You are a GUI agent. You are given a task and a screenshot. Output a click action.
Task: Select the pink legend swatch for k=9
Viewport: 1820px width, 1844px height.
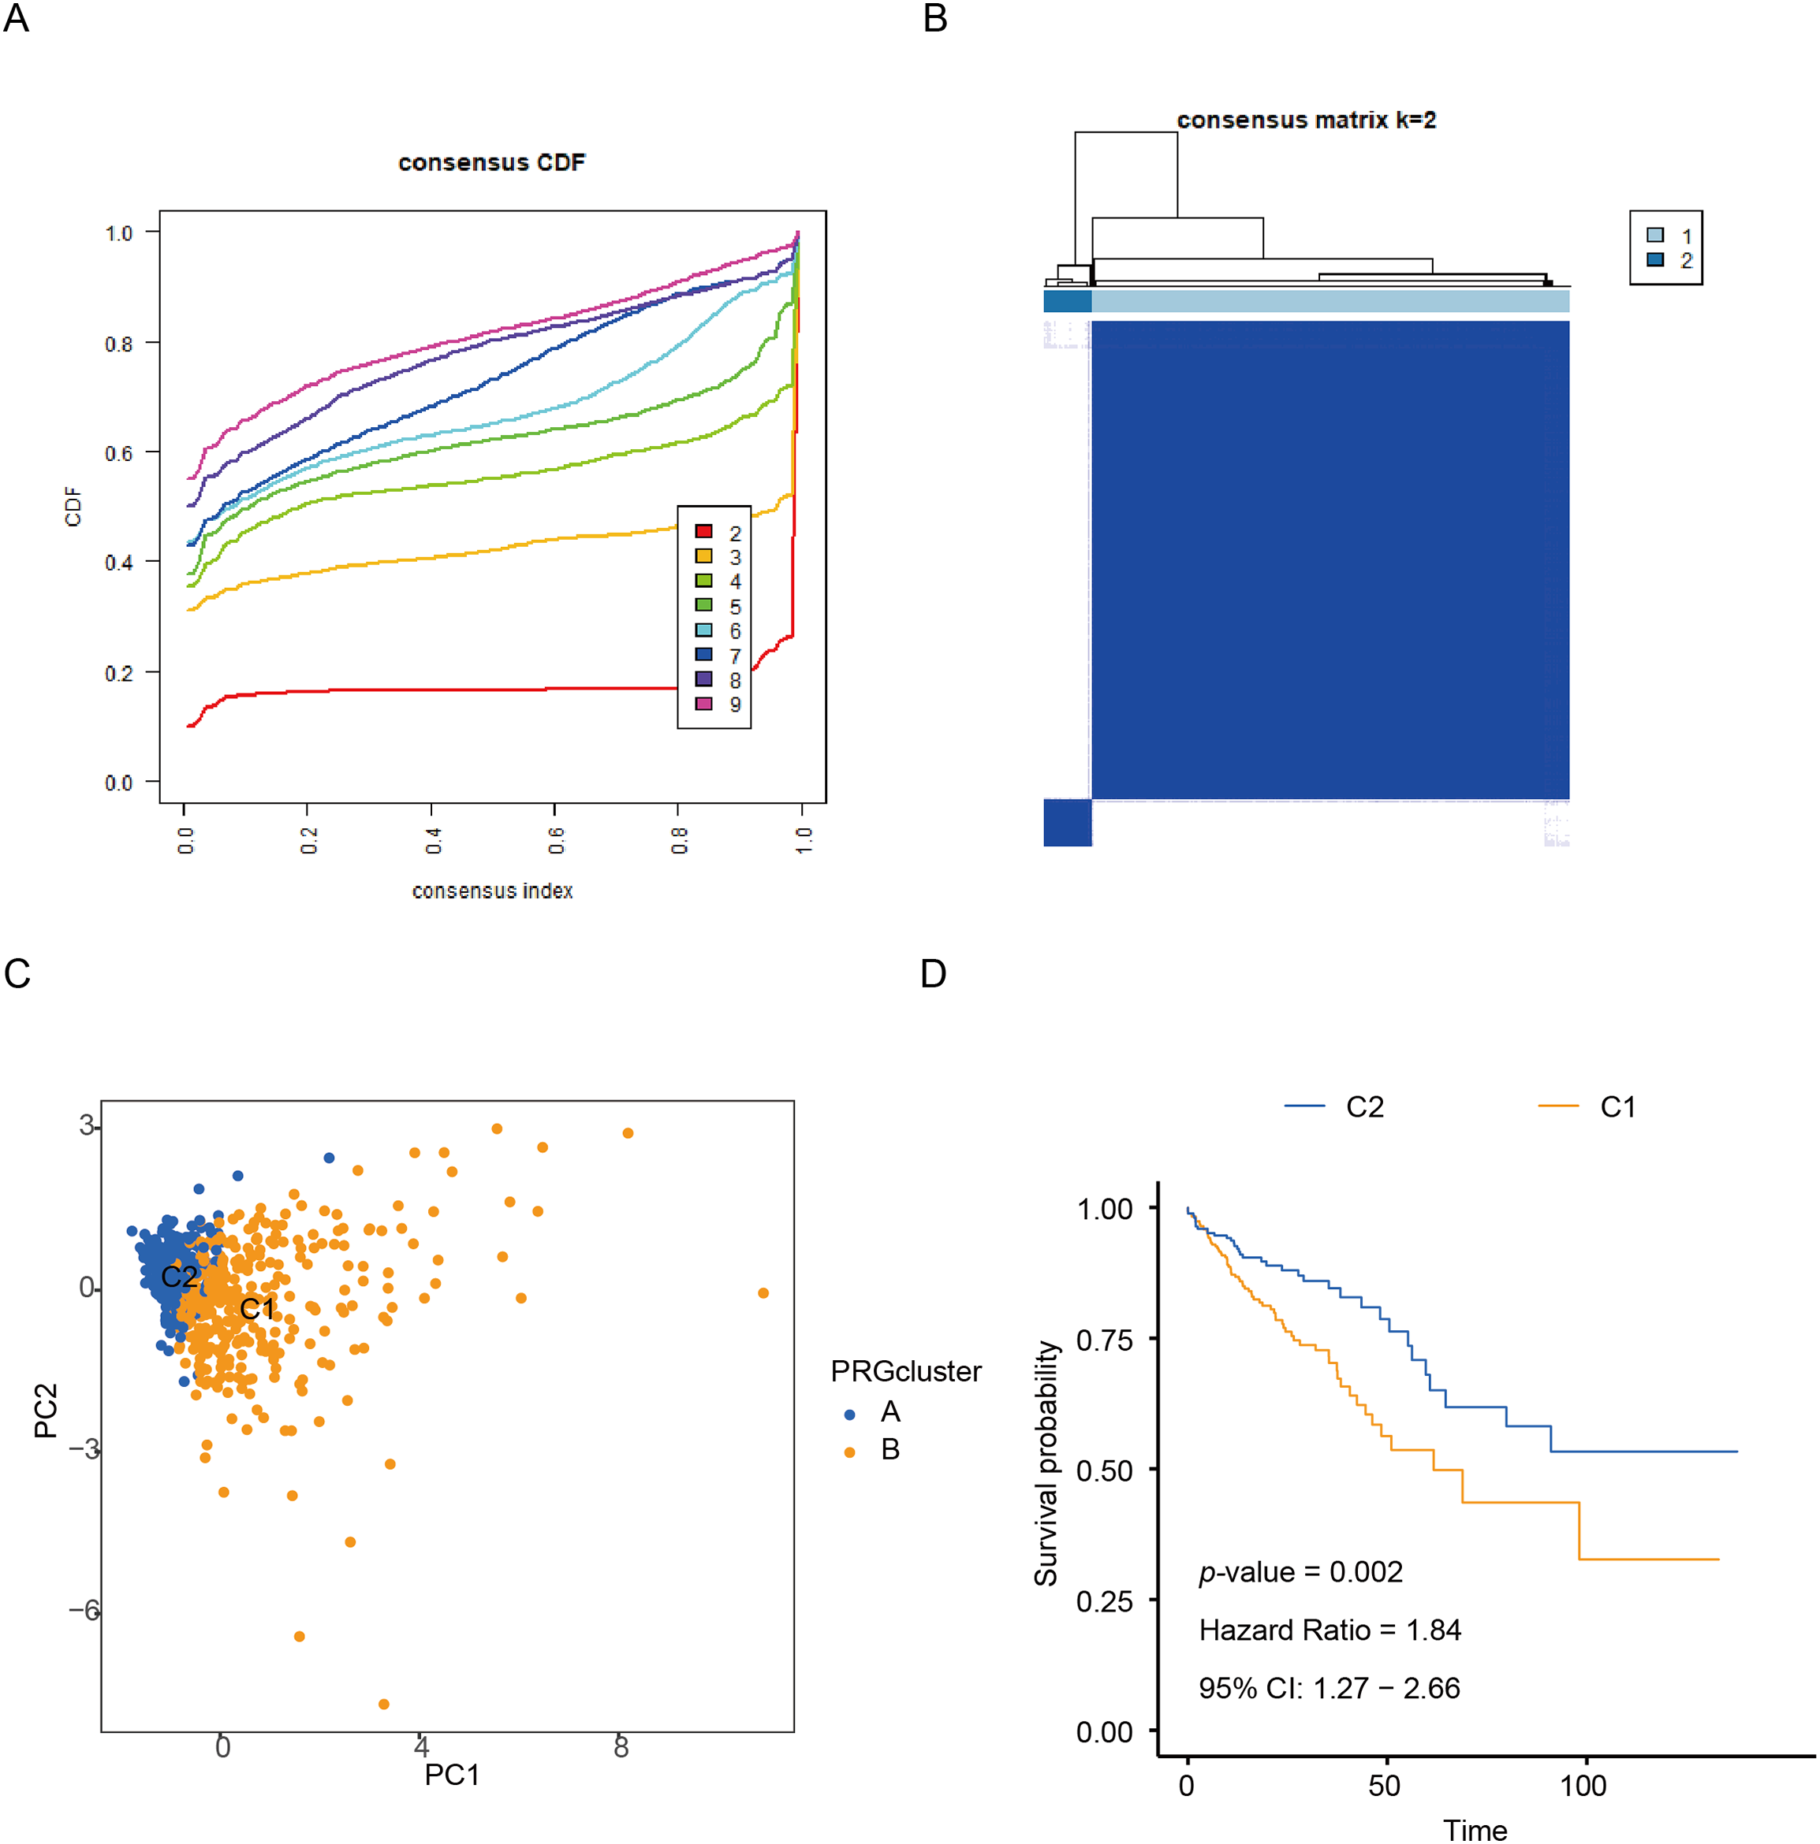(x=703, y=704)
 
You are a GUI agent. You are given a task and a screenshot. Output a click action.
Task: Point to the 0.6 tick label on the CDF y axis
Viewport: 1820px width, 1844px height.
(x=118, y=453)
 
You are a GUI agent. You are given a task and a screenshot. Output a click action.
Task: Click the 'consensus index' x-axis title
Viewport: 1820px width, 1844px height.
(x=492, y=890)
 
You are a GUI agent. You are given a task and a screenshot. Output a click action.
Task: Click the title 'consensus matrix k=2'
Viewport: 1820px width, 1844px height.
(x=1305, y=121)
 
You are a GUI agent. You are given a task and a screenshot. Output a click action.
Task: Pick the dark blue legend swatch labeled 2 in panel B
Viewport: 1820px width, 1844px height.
(x=1656, y=259)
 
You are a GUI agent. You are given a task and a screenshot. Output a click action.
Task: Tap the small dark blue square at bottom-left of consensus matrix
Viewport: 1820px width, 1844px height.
(x=1067, y=822)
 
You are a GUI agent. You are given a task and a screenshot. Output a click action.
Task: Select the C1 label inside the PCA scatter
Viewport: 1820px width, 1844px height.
(x=257, y=1309)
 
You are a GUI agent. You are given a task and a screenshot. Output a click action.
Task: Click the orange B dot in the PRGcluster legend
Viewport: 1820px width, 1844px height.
(x=850, y=1452)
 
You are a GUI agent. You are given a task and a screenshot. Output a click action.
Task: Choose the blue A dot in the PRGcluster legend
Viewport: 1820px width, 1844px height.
(x=850, y=1415)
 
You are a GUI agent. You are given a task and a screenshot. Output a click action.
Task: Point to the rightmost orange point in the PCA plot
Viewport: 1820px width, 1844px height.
(x=763, y=1293)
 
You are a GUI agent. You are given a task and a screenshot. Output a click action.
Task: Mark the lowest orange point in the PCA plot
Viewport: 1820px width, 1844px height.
(x=384, y=1704)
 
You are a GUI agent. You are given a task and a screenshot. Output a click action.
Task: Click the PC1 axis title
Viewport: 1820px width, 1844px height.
(x=452, y=1775)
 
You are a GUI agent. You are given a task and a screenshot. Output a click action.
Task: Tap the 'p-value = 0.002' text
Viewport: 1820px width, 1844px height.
(x=1300, y=1572)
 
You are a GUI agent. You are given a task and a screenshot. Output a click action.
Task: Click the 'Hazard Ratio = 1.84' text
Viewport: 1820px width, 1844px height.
(x=1330, y=1630)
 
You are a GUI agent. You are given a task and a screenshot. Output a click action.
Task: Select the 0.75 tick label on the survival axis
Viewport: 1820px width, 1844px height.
(x=1104, y=1340)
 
